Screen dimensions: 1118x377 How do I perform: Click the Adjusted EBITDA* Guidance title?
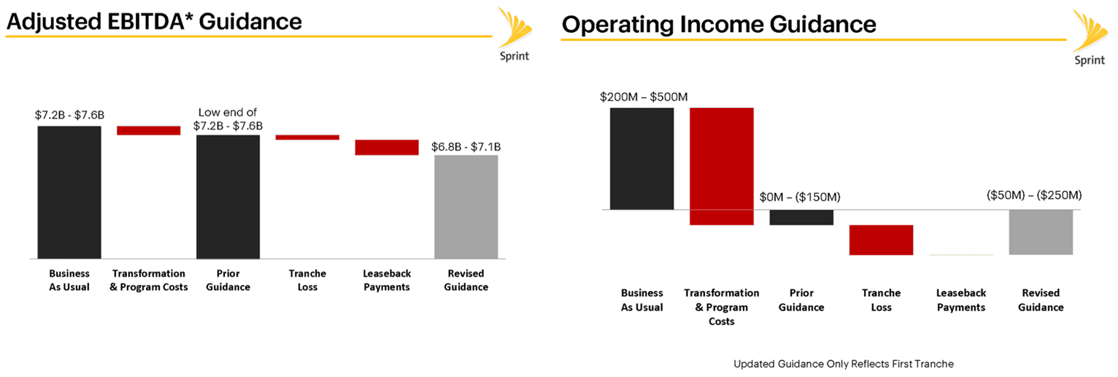[x=154, y=22]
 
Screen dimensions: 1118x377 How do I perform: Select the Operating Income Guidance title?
[x=719, y=25]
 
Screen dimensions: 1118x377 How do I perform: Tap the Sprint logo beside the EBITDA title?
[x=515, y=35]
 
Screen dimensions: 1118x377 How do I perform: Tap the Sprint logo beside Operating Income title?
[x=1090, y=38]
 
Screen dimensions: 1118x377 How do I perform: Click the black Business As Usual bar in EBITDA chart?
[x=69, y=192]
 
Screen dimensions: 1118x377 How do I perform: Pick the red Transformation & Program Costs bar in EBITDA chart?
[x=149, y=131]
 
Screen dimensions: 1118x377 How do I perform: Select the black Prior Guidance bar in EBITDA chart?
[x=228, y=197]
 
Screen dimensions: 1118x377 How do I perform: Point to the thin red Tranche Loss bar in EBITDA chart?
[x=307, y=137]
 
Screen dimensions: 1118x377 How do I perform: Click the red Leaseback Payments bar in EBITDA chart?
[x=387, y=147]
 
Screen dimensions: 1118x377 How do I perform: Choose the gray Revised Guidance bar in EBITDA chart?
[x=466, y=207]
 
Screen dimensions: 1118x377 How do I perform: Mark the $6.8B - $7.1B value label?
[x=466, y=147]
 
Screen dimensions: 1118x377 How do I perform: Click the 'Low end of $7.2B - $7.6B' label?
[x=228, y=119]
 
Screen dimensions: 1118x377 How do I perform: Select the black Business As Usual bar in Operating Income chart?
[x=642, y=158]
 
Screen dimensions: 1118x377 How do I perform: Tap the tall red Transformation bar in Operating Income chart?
[x=722, y=166]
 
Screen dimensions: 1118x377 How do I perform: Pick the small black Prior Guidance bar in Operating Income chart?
[x=801, y=217]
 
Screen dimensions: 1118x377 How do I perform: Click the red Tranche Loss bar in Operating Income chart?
[x=882, y=241]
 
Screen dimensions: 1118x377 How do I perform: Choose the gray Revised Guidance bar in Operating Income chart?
[x=1041, y=233]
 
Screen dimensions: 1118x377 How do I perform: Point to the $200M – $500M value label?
[x=644, y=97]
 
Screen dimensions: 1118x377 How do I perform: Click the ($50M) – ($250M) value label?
[x=1034, y=195]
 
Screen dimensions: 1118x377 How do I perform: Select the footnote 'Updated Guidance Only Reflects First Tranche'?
[x=844, y=364]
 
